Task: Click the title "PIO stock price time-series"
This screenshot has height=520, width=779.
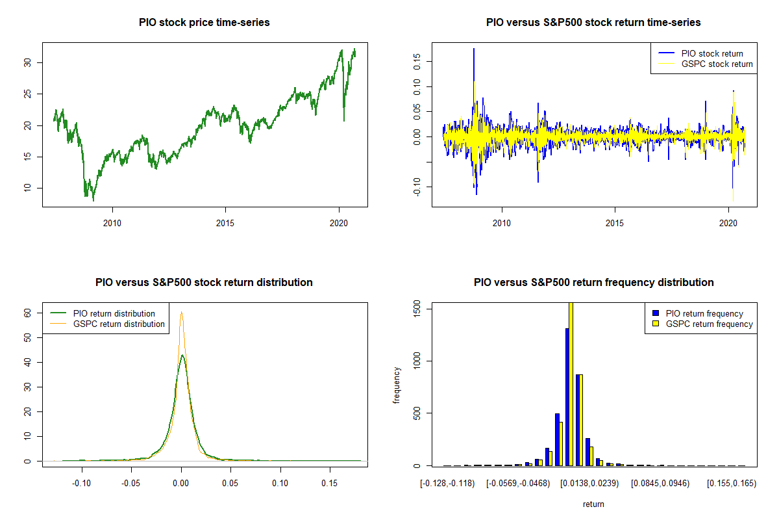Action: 204,23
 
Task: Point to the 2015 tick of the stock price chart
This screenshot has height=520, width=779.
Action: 225,215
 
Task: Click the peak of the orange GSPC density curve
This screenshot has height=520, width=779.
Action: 182,313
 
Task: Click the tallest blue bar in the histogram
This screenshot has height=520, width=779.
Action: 567,396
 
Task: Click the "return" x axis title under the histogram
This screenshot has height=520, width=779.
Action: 594,504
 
